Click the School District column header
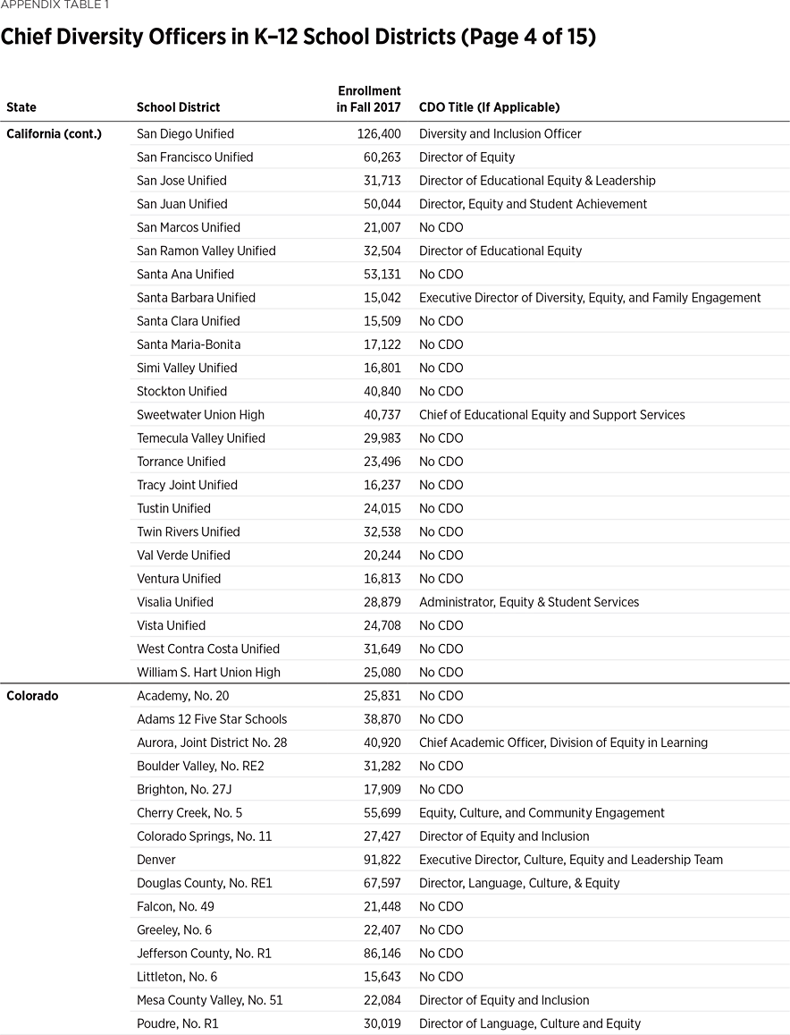(178, 107)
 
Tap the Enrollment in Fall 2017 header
(369, 99)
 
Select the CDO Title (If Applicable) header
(489, 107)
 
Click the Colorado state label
(32, 696)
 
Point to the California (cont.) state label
(54, 134)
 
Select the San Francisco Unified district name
(195, 157)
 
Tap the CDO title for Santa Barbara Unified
(590, 298)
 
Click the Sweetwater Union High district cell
(200, 415)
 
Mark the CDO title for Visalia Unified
(529, 602)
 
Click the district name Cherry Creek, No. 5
(189, 813)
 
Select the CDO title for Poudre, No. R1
(530, 1023)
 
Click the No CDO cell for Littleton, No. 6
(441, 977)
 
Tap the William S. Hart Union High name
(208, 673)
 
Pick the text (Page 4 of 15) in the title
(521, 38)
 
